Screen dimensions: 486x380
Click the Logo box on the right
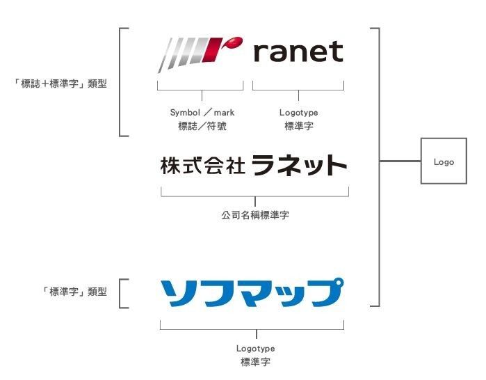(x=443, y=161)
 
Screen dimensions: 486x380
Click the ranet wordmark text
(x=298, y=52)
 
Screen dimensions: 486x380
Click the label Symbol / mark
(x=202, y=112)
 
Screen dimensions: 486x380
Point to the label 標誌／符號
(x=202, y=126)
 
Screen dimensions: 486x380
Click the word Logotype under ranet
(x=298, y=112)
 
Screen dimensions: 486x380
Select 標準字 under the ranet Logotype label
(x=298, y=126)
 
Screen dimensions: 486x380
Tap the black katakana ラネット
(x=299, y=165)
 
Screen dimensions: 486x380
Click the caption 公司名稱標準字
(x=255, y=215)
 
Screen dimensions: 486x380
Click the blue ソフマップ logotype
(x=252, y=293)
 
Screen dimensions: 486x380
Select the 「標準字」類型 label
(x=75, y=292)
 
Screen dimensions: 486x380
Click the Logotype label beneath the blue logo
(x=255, y=348)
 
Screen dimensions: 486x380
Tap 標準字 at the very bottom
(x=255, y=362)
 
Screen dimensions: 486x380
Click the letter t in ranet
(x=337, y=52)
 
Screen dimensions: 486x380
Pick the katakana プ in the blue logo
(x=325, y=293)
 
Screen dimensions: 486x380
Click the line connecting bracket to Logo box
(x=400, y=161)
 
